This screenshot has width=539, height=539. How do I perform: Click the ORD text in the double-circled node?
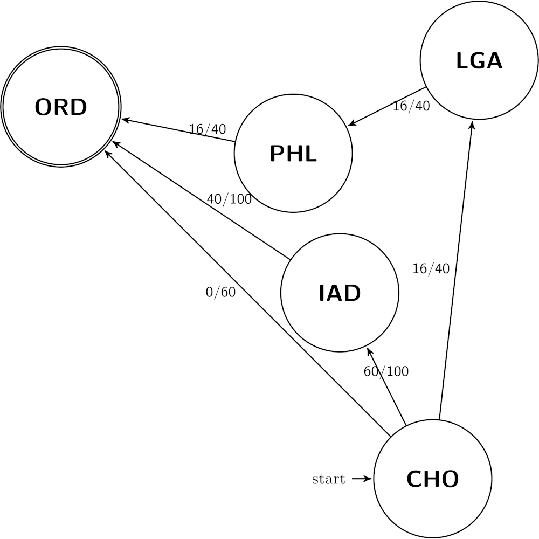pos(61,107)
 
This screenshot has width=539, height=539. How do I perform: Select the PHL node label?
pos(293,153)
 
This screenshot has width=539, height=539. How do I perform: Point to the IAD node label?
pos(340,293)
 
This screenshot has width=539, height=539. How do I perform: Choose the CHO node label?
pos(432,479)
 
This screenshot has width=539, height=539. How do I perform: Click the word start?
pos(328,479)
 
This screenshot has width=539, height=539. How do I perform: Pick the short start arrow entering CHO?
pos(362,479)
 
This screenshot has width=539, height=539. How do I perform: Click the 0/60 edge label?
pos(220,292)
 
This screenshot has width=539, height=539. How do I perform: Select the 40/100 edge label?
pos(229,199)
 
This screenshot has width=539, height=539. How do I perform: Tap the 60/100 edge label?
pos(386,371)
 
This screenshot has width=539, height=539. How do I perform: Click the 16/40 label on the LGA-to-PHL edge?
pos(411,106)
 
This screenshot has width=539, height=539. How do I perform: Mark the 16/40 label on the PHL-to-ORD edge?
pos(208,129)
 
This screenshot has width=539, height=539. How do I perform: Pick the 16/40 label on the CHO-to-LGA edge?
pos(431,268)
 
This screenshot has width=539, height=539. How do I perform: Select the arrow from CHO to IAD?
pos(386,386)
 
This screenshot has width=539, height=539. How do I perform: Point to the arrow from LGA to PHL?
pos(387,107)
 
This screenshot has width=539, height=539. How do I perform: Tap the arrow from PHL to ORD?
pos(178,130)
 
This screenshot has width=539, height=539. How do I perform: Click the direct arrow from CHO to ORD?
pos(247,293)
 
